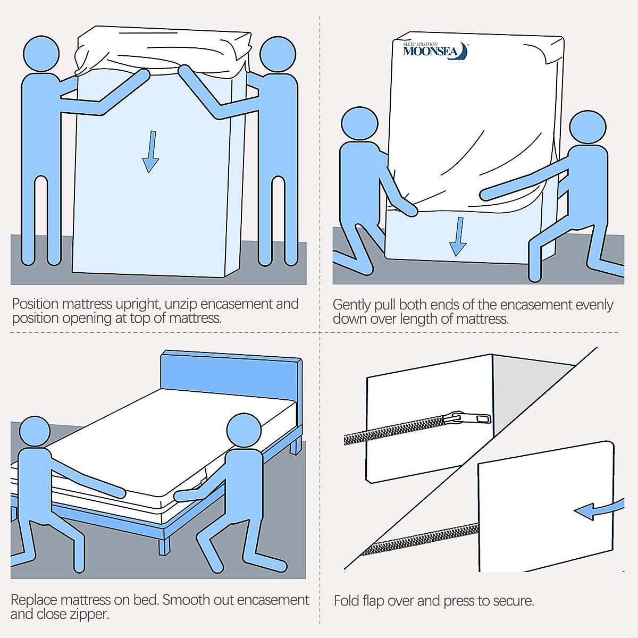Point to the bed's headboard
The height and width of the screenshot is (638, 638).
click(x=231, y=375)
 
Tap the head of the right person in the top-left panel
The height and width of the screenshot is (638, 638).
click(x=278, y=55)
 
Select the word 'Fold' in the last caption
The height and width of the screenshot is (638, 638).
click(x=346, y=601)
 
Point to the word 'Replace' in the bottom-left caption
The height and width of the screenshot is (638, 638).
click(x=34, y=600)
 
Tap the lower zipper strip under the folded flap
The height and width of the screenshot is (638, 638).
click(x=420, y=538)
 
